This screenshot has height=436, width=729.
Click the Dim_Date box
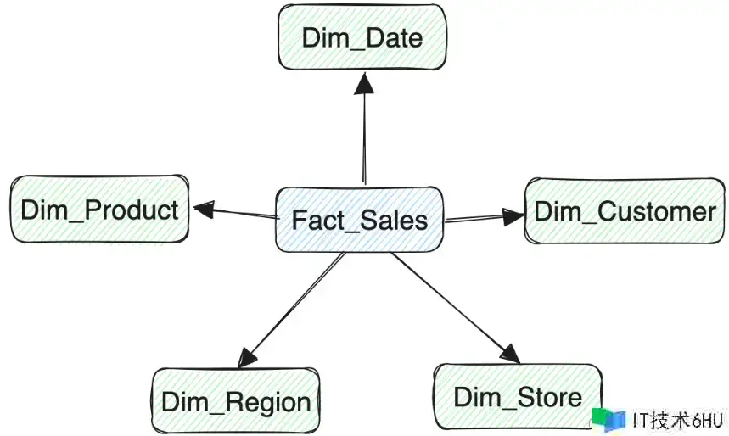(x=362, y=37)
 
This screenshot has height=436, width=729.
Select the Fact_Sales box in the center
(x=359, y=220)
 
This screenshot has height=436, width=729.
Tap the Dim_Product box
(x=99, y=210)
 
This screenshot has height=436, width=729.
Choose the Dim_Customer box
(x=625, y=211)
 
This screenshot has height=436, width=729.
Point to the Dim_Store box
(x=517, y=396)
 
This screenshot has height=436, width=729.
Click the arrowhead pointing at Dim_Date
(x=364, y=83)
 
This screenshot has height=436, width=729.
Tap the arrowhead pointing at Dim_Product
(x=204, y=208)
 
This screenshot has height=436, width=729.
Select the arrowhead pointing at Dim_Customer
(x=512, y=217)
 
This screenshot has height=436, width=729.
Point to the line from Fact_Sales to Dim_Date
(x=364, y=136)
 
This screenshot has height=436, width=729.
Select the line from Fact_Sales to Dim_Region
(x=293, y=307)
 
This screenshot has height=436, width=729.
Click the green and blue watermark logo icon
(x=609, y=418)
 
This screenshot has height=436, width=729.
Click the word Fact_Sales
(x=359, y=221)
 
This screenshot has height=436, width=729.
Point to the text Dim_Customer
(x=625, y=211)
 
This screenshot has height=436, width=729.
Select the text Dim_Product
(x=99, y=210)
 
